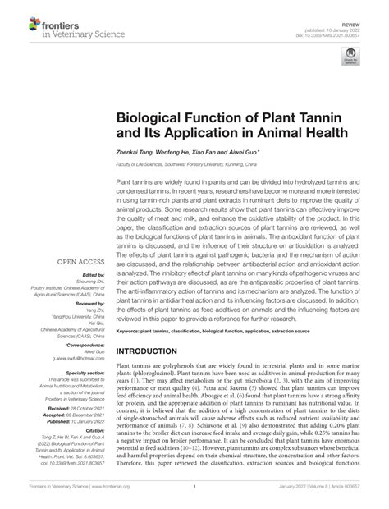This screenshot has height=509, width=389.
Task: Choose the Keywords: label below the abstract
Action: [130, 332]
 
